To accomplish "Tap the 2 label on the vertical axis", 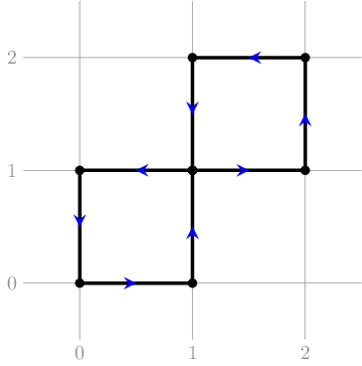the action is (x=12, y=58).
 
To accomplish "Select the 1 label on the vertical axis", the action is (x=12, y=171).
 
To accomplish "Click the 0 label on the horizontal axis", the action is (x=80, y=354).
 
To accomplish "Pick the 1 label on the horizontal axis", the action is (x=193, y=354).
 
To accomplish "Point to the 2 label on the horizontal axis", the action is (x=305, y=354).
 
